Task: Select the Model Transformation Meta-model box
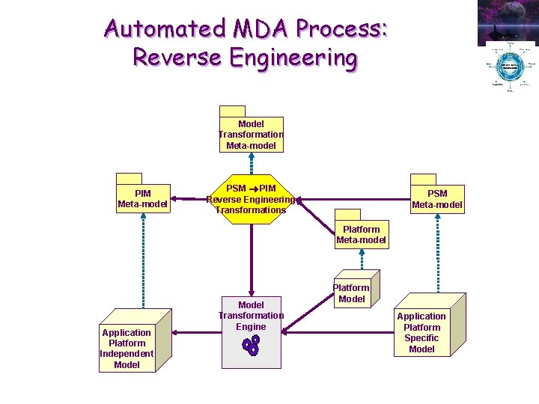251,134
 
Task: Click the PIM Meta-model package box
142,198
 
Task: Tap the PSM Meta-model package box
437,199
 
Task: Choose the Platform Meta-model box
361,234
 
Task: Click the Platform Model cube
351,293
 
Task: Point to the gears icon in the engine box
251,345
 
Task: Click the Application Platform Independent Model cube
127,348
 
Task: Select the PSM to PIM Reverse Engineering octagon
251,199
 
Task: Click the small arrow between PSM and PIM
253,189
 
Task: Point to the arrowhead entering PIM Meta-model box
174,200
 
